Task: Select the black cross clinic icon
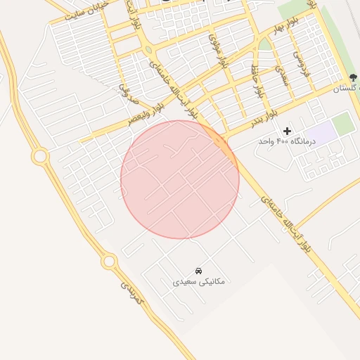tap(287, 131)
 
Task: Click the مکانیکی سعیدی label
tap(199, 281)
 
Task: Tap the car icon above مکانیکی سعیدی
tap(199, 270)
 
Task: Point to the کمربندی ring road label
tap(132, 294)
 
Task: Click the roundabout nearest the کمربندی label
tap(109, 262)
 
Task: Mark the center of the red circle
tap(180, 179)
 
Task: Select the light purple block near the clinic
tap(321, 131)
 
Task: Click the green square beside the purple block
tap(343, 124)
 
